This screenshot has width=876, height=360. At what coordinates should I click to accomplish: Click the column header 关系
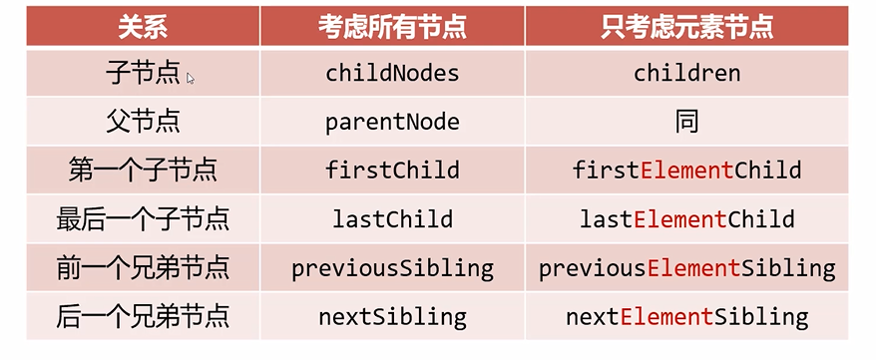click(143, 27)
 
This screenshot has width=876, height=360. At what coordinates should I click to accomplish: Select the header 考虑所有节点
click(392, 27)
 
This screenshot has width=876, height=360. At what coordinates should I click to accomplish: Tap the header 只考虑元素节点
click(686, 27)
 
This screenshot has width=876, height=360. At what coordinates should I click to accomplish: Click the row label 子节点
click(143, 73)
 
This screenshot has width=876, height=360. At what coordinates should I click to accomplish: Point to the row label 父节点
click(143, 122)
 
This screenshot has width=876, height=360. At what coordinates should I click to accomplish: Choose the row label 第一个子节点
click(143, 171)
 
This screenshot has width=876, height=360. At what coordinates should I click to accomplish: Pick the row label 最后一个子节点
click(143, 218)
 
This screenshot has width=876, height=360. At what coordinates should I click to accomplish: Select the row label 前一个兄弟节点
click(143, 268)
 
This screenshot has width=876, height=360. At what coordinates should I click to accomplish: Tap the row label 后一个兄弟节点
click(143, 316)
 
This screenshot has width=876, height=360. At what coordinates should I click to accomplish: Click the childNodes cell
click(392, 73)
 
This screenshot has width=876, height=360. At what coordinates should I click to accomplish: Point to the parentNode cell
click(392, 122)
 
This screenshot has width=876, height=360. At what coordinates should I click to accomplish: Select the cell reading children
click(686, 73)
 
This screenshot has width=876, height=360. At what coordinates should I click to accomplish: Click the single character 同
click(686, 122)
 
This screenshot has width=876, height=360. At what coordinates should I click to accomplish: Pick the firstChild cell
click(392, 170)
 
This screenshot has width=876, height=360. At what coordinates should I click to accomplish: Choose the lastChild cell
click(392, 218)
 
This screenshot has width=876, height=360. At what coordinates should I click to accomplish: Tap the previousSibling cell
click(392, 268)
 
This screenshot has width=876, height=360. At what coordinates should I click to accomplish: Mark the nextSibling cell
click(392, 317)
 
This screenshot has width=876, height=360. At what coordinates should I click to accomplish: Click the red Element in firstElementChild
click(686, 170)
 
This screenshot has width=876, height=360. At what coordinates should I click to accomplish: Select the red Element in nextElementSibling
click(666, 316)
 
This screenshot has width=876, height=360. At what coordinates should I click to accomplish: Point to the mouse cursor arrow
click(190, 78)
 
